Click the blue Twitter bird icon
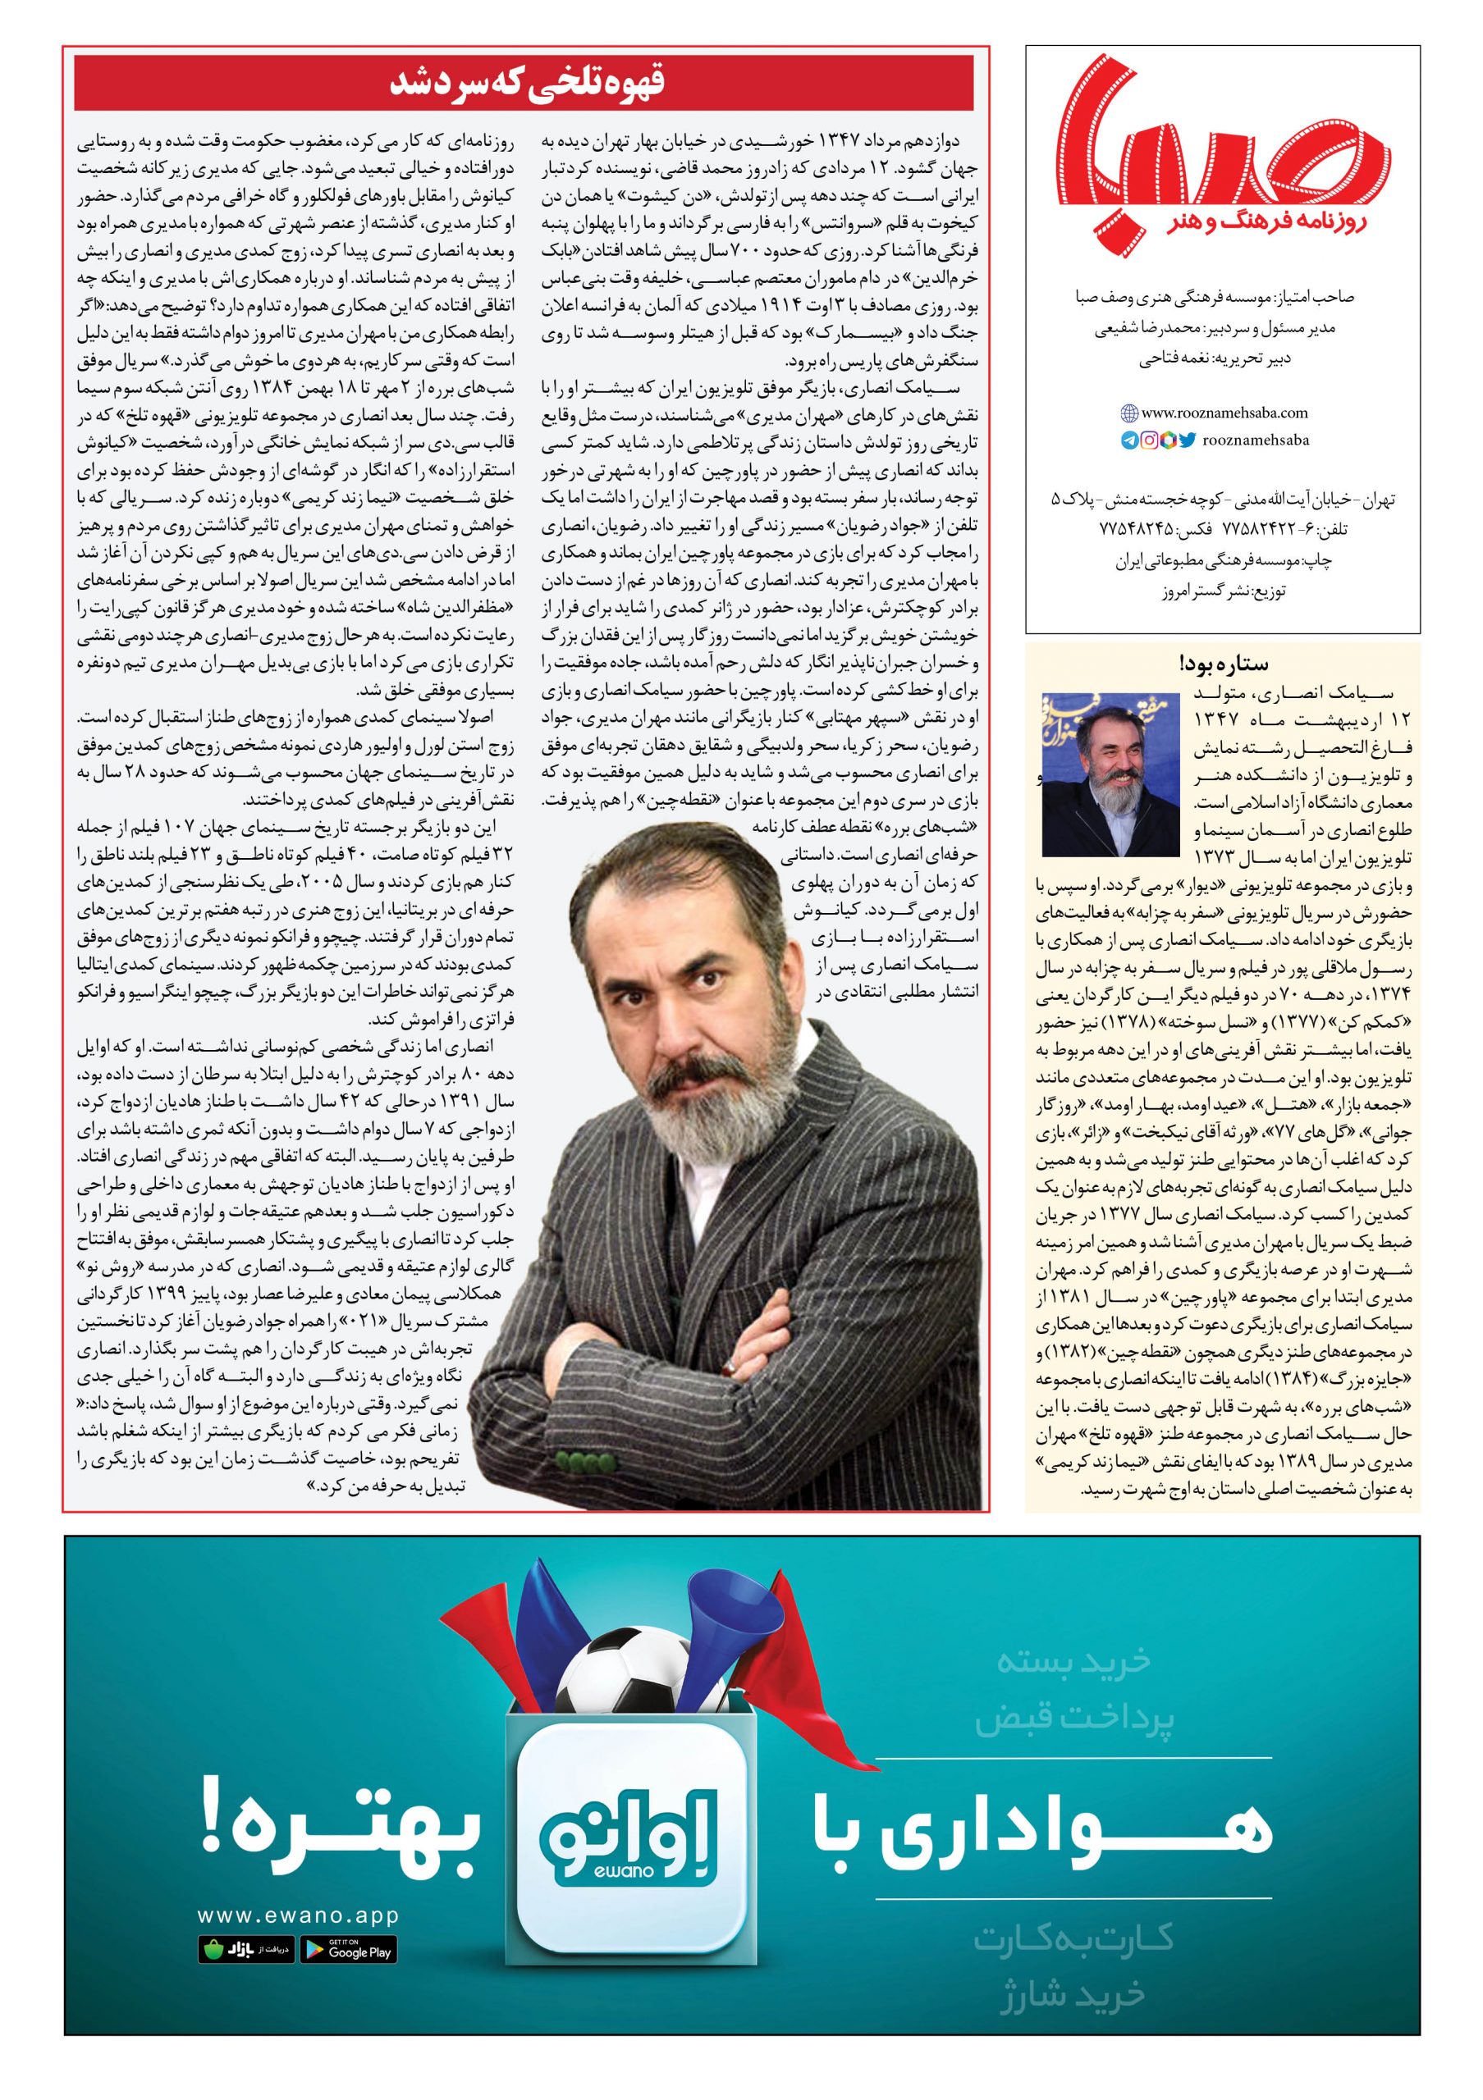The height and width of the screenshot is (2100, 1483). tap(1188, 440)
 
